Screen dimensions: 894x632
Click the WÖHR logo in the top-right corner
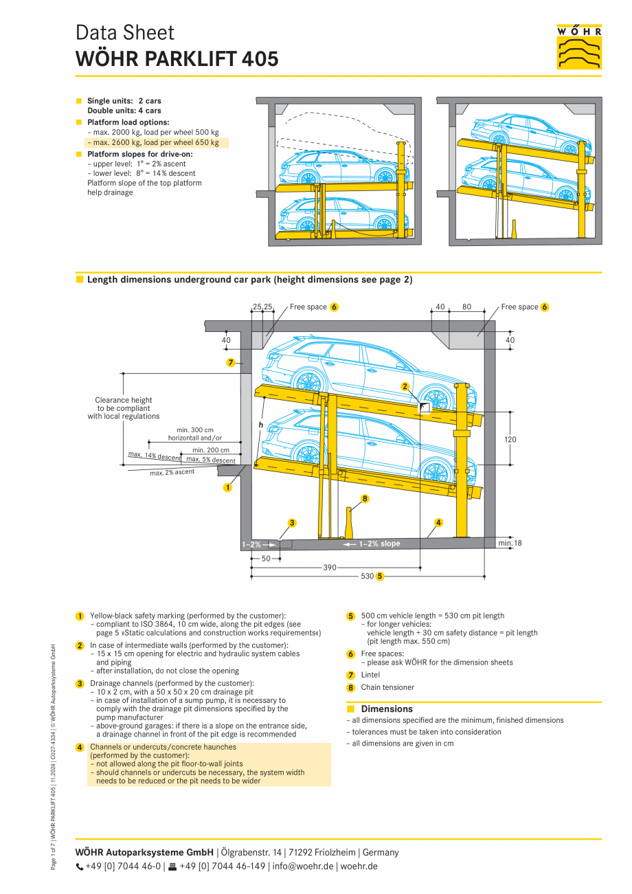[578, 47]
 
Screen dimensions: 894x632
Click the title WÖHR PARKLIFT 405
[177, 60]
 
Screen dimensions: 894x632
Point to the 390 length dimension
[330, 568]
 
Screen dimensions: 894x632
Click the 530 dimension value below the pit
[367, 576]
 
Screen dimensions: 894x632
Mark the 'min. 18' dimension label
[509, 544]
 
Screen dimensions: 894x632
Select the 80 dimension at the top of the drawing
[466, 307]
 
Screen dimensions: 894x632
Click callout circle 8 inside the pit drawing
[365, 499]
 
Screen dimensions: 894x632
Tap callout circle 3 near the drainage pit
[292, 523]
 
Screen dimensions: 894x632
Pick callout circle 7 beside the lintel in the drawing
[231, 362]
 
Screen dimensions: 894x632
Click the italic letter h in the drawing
[261, 425]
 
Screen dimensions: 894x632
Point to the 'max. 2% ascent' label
[172, 473]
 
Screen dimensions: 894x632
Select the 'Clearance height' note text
[124, 400]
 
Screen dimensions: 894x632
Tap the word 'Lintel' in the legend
[370, 675]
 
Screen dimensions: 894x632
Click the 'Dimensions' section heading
[387, 709]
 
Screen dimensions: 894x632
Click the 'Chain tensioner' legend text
[387, 687]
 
